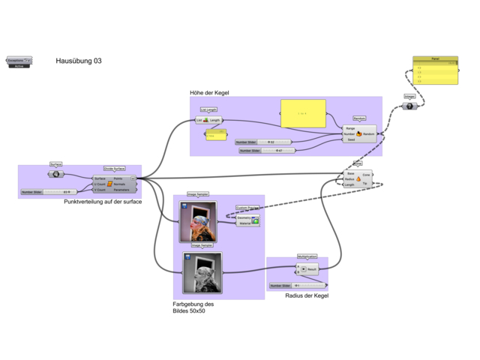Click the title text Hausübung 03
(x=78, y=61)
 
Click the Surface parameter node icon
(x=56, y=174)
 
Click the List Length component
(x=208, y=120)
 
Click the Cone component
(x=358, y=178)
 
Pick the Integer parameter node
(x=409, y=106)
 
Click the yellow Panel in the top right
(x=435, y=71)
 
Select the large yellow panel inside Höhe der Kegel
(x=303, y=112)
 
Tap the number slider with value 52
(x=262, y=141)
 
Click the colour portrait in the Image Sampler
(x=198, y=221)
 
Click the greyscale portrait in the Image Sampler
(x=202, y=272)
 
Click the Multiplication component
(x=307, y=268)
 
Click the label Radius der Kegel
(x=307, y=295)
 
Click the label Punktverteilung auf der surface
(x=103, y=202)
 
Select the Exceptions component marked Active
(x=19, y=61)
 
